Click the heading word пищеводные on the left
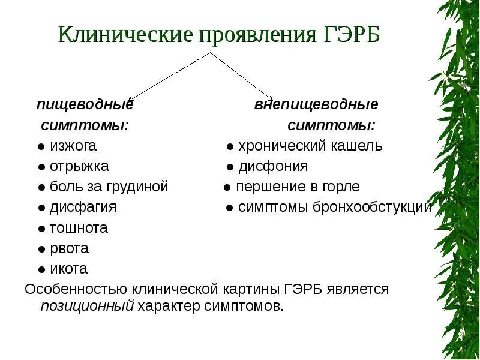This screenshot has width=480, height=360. pyautogui.click(x=85, y=105)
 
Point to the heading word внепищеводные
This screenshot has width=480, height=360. pyautogui.click(x=316, y=105)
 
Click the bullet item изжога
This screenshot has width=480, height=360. pyautogui.click(x=73, y=146)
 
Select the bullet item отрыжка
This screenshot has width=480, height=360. pyautogui.click(x=79, y=166)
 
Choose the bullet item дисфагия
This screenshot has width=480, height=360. pyautogui.click(x=83, y=207)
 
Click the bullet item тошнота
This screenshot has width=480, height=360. pyautogui.click(x=79, y=228)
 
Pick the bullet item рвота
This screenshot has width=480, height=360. pyautogui.click(x=70, y=248)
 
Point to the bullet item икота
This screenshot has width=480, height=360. pyautogui.click(x=69, y=269)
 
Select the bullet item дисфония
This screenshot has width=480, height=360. pyautogui.click(x=273, y=166)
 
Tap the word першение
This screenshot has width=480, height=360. pyautogui.click(x=264, y=187)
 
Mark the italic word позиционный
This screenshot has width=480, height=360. pyautogui.click(x=86, y=307)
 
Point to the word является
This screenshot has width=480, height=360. pyautogui.click(x=358, y=289)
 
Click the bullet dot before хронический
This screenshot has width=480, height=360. pyautogui.click(x=230, y=146)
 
